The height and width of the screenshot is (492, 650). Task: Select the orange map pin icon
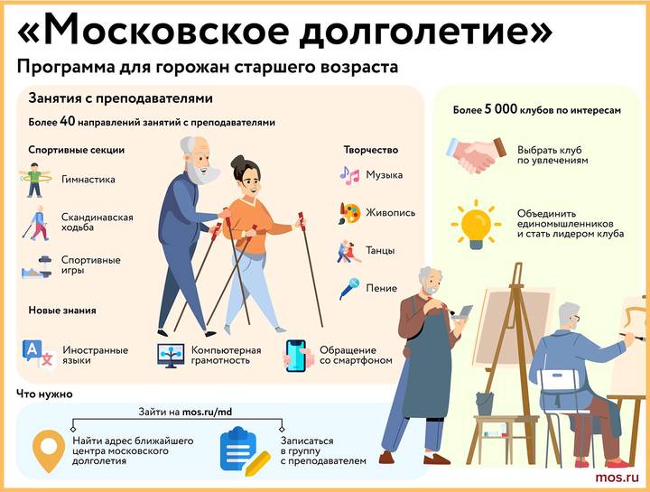tap(46, 449)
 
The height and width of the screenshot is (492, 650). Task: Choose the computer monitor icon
tap(171, 354)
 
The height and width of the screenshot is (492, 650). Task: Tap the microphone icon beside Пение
tap(348, 289)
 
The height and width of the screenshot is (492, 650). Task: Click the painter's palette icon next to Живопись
tap(349, 213)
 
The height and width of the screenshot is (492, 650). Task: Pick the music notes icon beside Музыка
tap(349, 174)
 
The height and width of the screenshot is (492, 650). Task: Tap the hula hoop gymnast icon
tap(33, 180)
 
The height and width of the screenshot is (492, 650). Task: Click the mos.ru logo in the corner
tap(617, 476)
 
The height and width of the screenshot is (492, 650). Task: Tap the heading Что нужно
tap(44, 394)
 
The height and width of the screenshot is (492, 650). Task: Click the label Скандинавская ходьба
tap(97, 223)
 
